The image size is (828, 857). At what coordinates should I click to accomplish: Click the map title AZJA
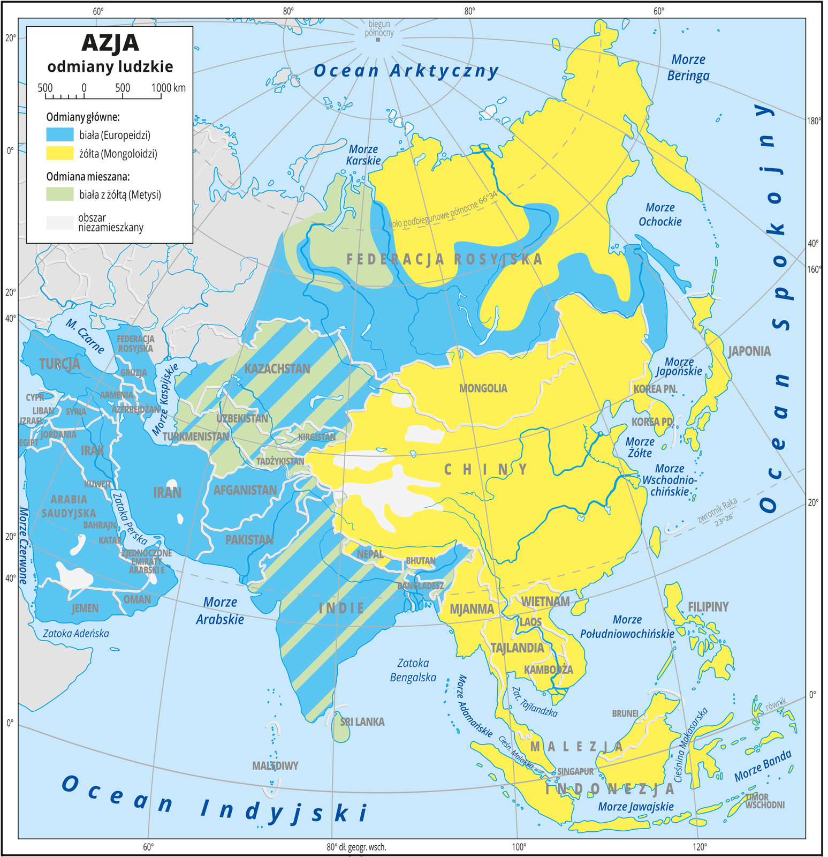pos(110,43)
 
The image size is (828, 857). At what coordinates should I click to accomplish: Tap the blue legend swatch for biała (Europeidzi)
pos(59,134)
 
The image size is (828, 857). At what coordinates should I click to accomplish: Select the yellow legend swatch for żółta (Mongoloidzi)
pos(59,153)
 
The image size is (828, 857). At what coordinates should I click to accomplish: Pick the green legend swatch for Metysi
pos(59,194)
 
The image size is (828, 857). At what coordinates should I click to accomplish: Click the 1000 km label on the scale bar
pos(168,88)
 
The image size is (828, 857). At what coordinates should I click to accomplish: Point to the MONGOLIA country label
pos(483,388)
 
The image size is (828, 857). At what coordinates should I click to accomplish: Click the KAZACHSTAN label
pos(277,369)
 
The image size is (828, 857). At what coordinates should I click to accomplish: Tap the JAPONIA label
pos(749,351)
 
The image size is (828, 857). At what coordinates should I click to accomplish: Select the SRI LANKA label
pos(362,722)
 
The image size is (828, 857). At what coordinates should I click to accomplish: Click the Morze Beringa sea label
pos(688,67)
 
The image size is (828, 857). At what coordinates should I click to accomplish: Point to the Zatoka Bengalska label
pos(413,670)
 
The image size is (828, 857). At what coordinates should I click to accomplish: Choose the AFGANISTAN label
pos(245,490)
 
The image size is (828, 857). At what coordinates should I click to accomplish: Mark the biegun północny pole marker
pos(378,40)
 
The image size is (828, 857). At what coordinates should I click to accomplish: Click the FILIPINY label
pos(708,607)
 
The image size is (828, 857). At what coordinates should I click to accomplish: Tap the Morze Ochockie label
pos(660,214)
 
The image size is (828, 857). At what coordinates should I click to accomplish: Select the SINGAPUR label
pos(575,771)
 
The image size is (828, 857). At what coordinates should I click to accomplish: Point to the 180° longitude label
pos(814,121)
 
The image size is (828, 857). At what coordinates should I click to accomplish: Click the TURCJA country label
pos(59,364)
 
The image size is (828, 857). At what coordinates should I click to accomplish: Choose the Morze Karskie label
pos(363,155)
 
